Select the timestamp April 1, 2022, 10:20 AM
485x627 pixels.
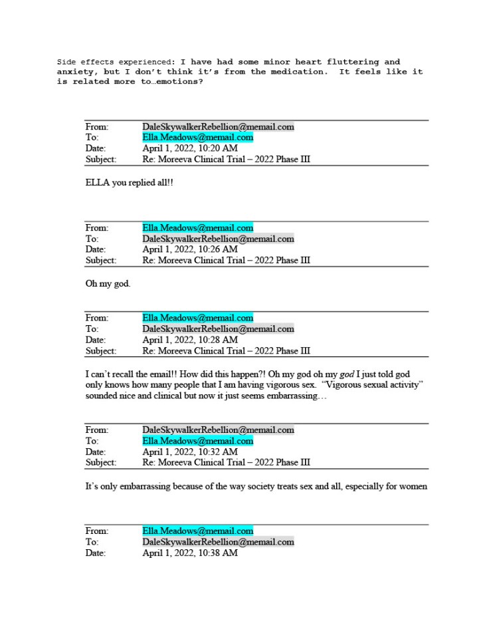[190, 148]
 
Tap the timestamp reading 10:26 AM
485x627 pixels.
[190, 249]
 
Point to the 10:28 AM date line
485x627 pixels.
[190, 340]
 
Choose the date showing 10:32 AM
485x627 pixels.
[190, 451]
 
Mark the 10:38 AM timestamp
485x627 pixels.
[190, 553]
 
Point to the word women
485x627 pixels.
[413, 486]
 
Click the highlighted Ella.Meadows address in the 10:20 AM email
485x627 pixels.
[197, 138]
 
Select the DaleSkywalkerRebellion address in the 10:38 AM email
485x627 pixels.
[218, 542]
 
